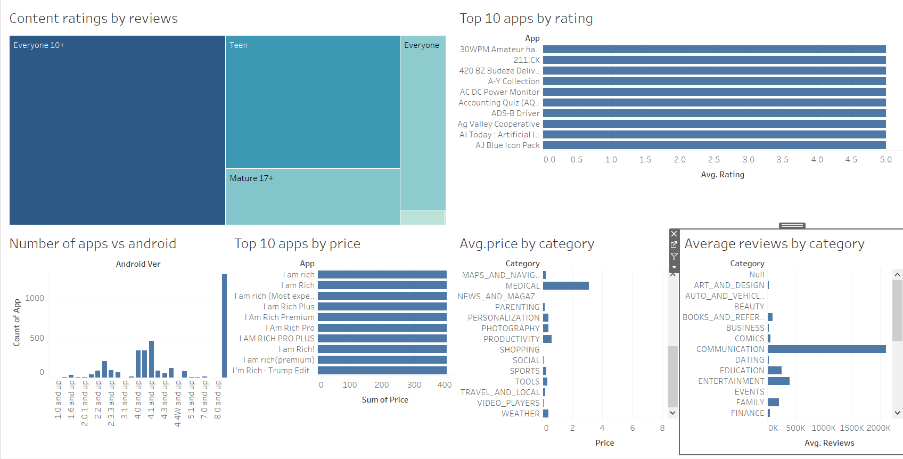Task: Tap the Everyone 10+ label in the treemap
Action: point(39,45)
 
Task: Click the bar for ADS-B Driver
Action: point(714,113)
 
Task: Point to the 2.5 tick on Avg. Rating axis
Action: point(714,160)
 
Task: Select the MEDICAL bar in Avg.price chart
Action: point(565,286)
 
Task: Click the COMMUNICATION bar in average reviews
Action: point(826,349)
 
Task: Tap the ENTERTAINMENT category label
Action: point(731,381)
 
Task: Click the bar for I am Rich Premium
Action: point(382,317)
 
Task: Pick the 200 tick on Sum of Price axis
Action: point(382,385)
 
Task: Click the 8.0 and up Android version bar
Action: point(224,326)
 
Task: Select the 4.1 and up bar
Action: point(152,359)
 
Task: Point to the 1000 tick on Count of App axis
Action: point(35,298)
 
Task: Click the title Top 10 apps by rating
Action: point(526,19)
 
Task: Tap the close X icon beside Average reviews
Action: point(674,234)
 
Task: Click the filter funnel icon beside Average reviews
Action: point(674,256)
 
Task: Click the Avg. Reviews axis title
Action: point(829,443)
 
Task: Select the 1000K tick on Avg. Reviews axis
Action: point(823,428)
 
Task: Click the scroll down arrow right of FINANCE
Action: point(897,413)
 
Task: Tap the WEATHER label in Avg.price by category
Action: point(520,414)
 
